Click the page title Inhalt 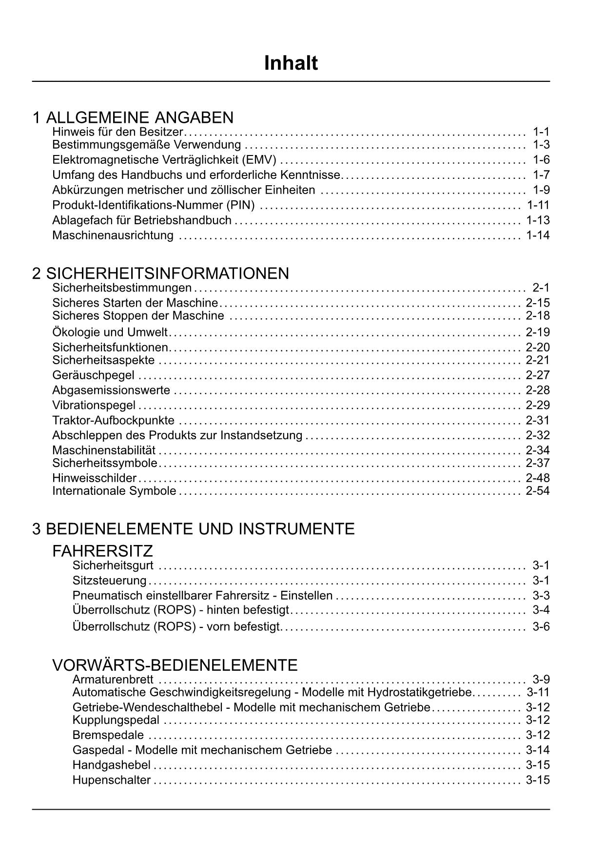point(291,63)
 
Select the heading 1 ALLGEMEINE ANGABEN point(133,117)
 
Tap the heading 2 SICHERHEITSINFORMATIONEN point(161,273)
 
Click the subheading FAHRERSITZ point(102,551)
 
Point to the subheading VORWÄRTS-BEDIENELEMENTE point(175,665)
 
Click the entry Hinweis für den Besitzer point(117,132)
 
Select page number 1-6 point(541,160)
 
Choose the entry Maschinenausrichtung point(113,235)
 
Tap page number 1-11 point(538,205)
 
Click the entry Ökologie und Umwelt point(110,332)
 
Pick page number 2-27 point(538,375)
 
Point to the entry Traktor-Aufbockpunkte point(113,420)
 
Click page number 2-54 point(538,491)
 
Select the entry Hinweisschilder point(94,478)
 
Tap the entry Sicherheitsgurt point(113,565)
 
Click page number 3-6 point(541,626)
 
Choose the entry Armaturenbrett point(113,680)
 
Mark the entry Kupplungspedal point(116,720)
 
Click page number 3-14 point(538,750)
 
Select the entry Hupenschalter point(111,780)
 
